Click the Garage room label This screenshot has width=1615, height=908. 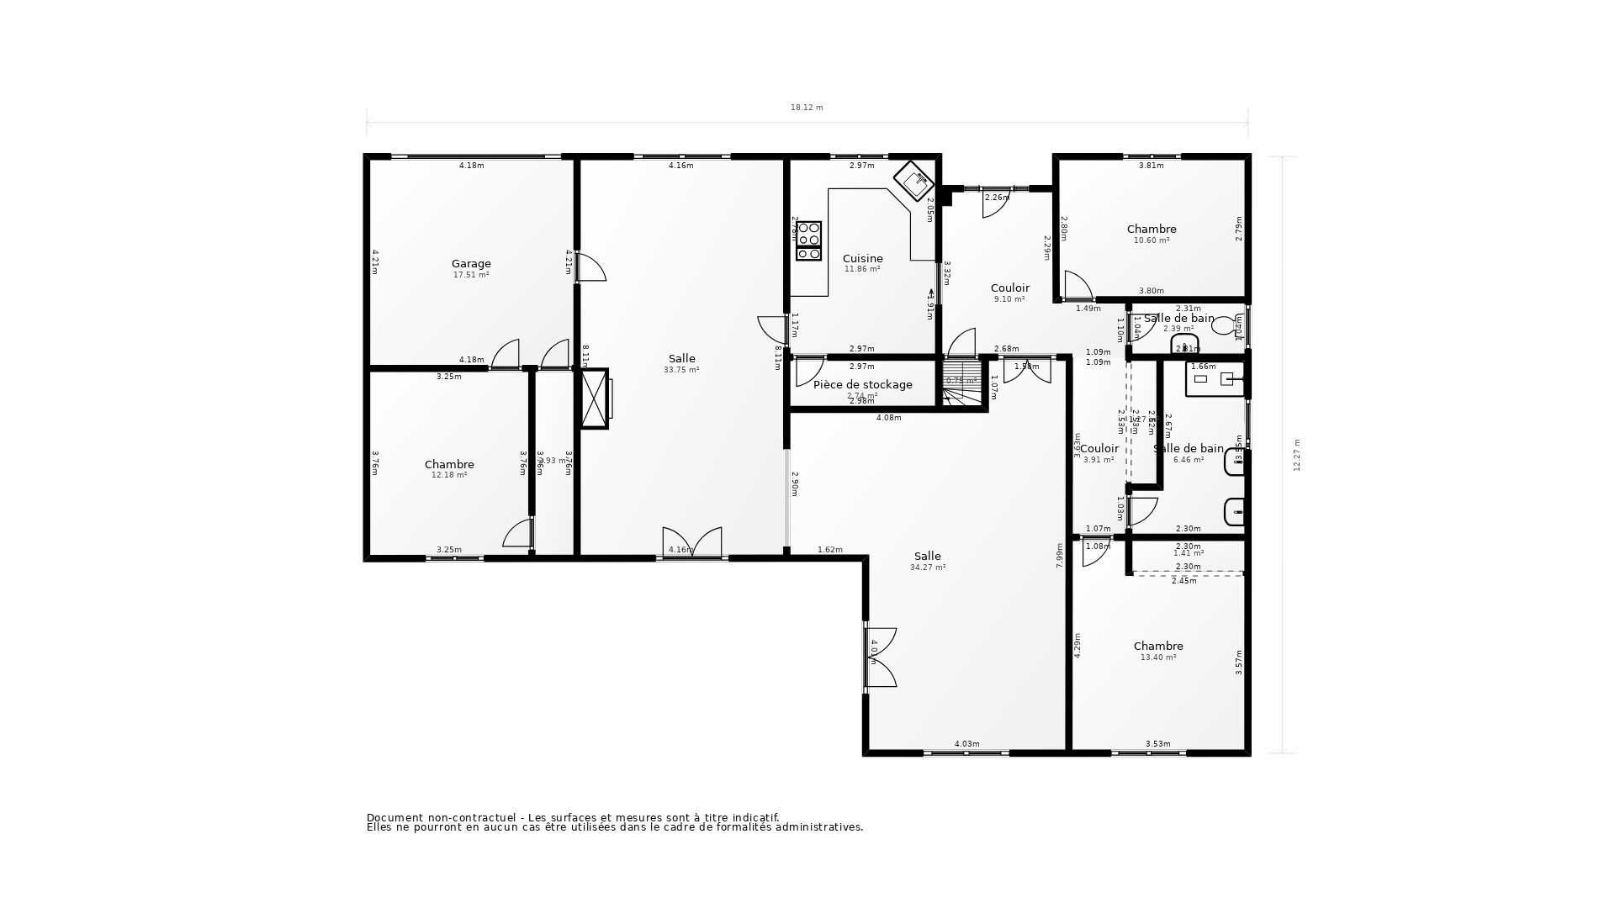(471, 264)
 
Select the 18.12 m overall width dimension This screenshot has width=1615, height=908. (806, 108)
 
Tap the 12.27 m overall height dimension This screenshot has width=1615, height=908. (1296, 455)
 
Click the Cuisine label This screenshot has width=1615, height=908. (862, 259)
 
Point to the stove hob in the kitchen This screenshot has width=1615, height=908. (808, 241)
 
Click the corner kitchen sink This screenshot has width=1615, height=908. (914, 179)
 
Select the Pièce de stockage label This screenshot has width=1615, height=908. (862, 385)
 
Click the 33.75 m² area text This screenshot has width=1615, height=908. (681, 370)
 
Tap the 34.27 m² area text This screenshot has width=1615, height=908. (927, 567)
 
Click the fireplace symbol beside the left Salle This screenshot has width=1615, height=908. (594, 399)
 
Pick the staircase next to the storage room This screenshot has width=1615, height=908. (961, 383)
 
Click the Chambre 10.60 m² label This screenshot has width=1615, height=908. (1151, 230)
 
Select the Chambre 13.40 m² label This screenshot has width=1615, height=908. (1157, 647)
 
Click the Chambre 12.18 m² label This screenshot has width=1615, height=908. (449, 465)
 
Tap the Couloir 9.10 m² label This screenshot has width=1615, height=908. (1009, 288)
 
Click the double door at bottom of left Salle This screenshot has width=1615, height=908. (691, 542)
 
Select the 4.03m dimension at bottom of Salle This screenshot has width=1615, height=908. (966, 744)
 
